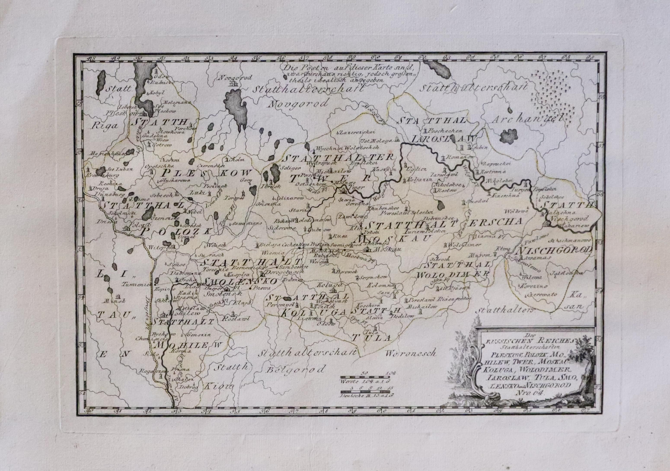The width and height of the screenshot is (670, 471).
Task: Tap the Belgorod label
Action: tap(295, 370)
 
